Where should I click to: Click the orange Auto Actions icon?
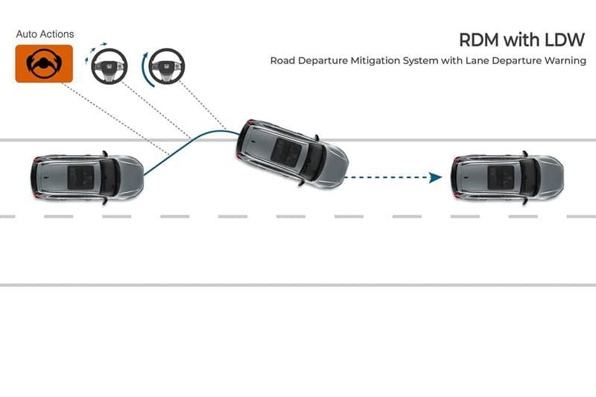tap(44, 63)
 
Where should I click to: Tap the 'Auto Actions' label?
tap(45, 34)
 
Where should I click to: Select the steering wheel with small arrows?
tap(109, 66)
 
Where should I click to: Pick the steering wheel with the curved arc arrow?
tap(165, 67)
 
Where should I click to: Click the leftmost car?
tap(87, 176)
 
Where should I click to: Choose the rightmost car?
tap(507, 177)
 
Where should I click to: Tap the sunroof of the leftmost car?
tap(80, 177)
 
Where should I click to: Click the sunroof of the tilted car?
tap(286, 153)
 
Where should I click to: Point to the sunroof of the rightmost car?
tap(501, 177)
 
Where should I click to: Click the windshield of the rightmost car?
tap(530, 177)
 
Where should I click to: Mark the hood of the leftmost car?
tap(129, 176)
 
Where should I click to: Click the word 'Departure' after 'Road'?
tap(319, 60)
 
